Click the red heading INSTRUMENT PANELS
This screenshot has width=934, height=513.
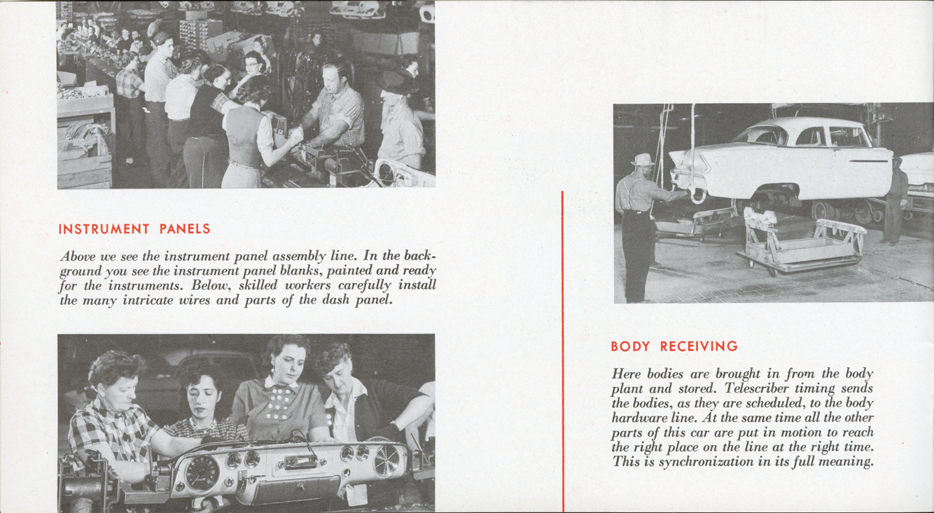tap(134, 229)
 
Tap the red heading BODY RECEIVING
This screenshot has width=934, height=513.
tap(674, 346)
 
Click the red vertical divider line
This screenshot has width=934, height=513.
tap(563, 350)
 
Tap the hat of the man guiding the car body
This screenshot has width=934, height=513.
tap(642, 160)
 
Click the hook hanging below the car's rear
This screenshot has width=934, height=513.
tap(697, 194)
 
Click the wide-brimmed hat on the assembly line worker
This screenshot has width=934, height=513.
tap(396, 82)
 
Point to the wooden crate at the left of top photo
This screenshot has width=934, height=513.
tap(85, 140)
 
